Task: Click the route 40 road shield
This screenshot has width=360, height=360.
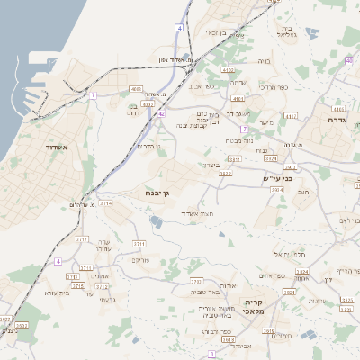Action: click(x=348, y=60)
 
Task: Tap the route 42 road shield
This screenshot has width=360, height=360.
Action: click(x=160, y=113)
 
